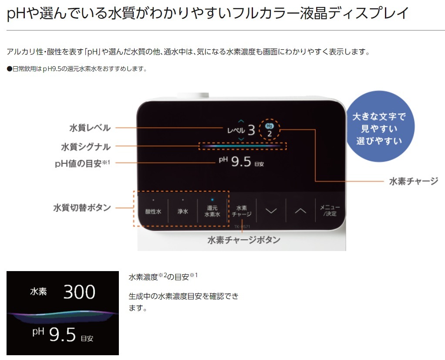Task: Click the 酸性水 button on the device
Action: click(x=153, y=211)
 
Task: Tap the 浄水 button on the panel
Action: click(x=182, y=211)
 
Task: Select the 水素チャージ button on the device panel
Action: click(x=242, y=211)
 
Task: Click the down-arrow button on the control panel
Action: click(x=271, y=211)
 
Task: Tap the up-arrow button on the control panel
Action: click(x=300, y=211)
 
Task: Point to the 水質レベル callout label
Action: click(x=90, y=128)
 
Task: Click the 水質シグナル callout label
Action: click(x=86, y=147)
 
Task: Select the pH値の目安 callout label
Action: click(x=82, y=163)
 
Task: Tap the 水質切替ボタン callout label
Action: click(x=82, y=208)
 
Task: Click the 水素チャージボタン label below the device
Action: click(x=243, y=240)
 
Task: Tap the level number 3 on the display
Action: click(x=251, y=130)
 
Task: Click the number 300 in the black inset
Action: click(x=79, y=292)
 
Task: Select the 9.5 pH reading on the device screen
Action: click(x=241, y=162)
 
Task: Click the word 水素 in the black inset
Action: click(x=38, y=292)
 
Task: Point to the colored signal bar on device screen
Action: click(x=243, y=146)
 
